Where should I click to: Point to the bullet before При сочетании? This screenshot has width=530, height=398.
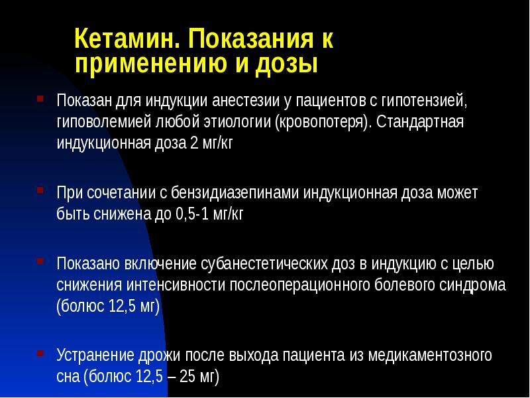click(x=41, y=190)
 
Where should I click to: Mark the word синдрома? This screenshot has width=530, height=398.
click(x=474, y=285)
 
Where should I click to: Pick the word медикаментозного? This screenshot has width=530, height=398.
click(x=424, y=355)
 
